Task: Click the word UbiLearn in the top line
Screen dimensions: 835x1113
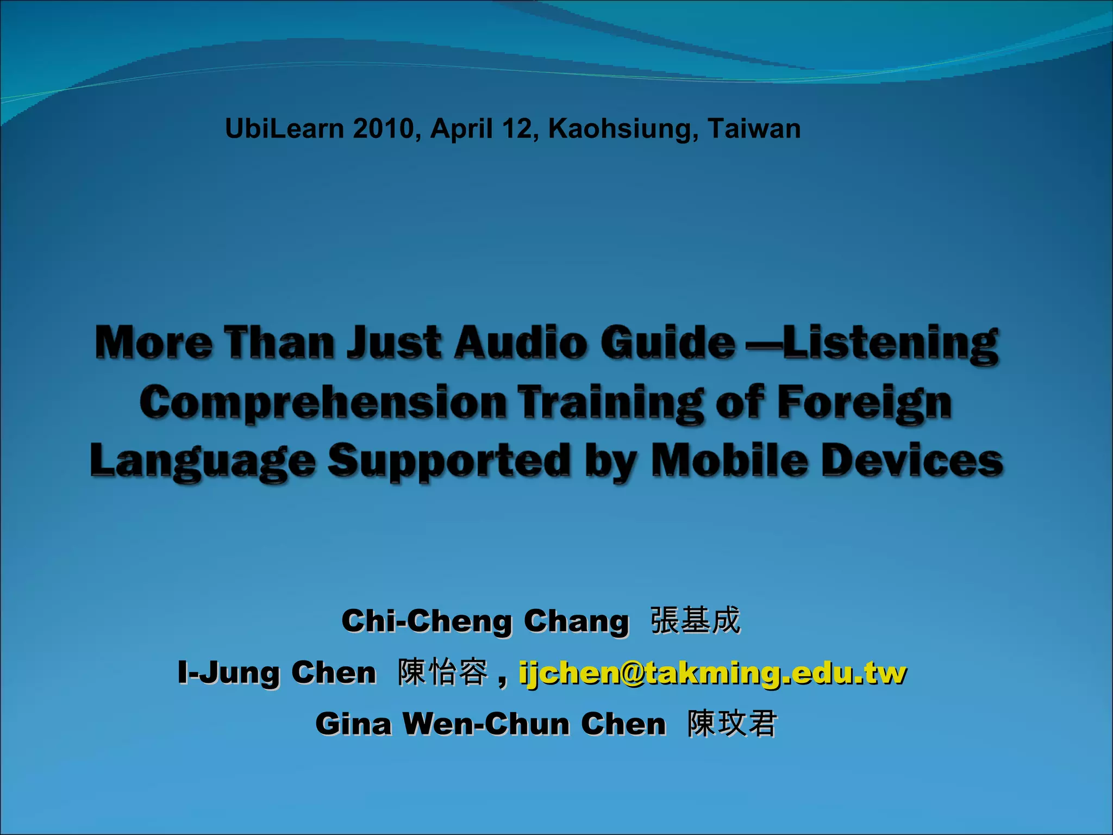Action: coord(284,129)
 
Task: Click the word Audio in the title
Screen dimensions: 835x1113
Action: coord(522,343)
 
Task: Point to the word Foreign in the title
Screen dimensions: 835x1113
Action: coord(865,403)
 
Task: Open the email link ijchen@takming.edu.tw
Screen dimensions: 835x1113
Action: coord(712,674)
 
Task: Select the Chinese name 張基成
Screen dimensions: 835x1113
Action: coord(696,620)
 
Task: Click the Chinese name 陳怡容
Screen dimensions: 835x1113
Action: coord(443,672)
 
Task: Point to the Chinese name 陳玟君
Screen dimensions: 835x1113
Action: coord(732,724)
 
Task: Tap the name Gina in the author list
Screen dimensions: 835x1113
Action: coord(353,724)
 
